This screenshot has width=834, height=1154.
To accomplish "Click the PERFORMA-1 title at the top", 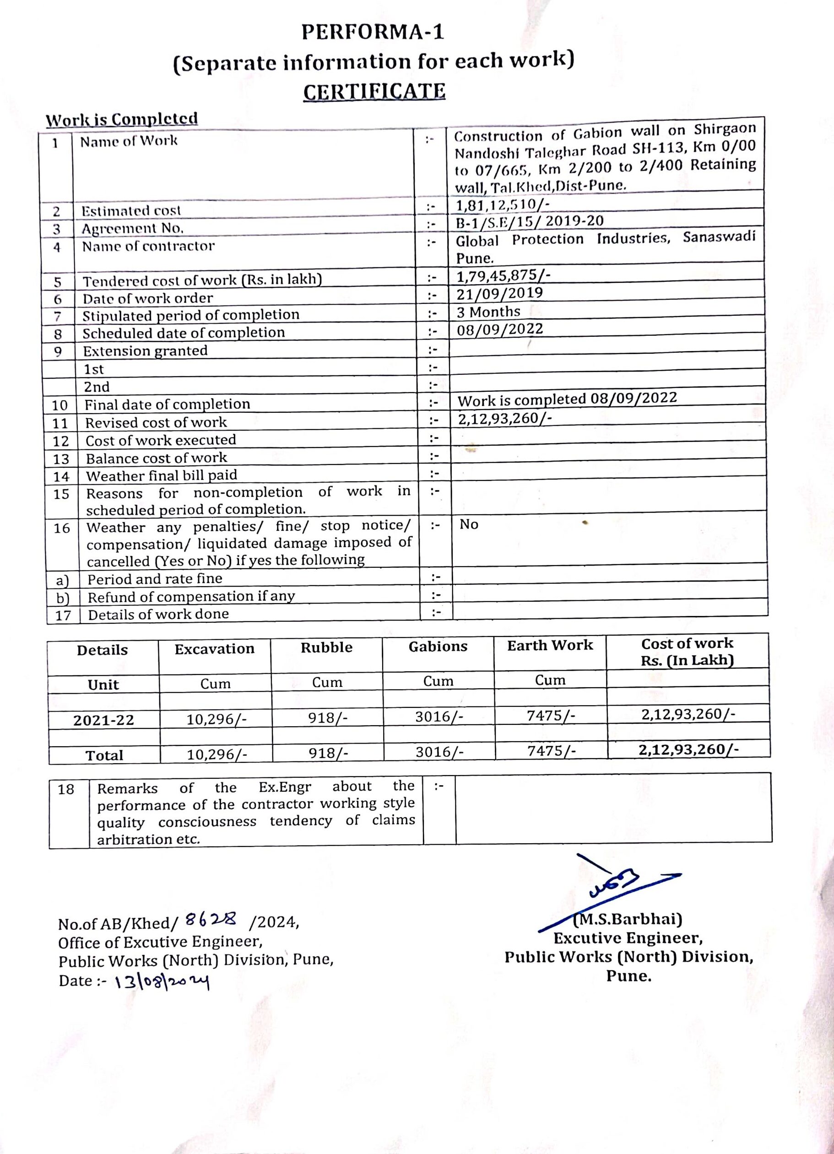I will [372, 32].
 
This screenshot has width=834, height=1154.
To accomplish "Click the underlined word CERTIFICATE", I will [374, 92].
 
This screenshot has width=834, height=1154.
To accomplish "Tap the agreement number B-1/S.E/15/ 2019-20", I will [530, 221].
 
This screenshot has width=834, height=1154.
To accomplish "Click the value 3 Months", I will [488, 312].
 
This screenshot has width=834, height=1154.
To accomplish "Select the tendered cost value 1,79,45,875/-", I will [504, 275].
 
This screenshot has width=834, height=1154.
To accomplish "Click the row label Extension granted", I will [145, 351].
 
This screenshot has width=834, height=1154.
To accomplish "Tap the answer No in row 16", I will [468, 524].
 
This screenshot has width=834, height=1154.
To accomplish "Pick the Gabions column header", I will [438, 646].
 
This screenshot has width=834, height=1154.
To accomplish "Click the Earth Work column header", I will [550, 645].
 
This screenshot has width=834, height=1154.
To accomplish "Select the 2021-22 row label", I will [103, 720].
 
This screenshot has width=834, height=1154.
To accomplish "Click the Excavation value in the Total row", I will [217, 754].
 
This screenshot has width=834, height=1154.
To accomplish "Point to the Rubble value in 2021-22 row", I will [328, 718].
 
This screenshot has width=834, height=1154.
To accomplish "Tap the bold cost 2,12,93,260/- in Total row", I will [688, 750].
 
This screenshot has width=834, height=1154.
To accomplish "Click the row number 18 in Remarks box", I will [66, 789].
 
